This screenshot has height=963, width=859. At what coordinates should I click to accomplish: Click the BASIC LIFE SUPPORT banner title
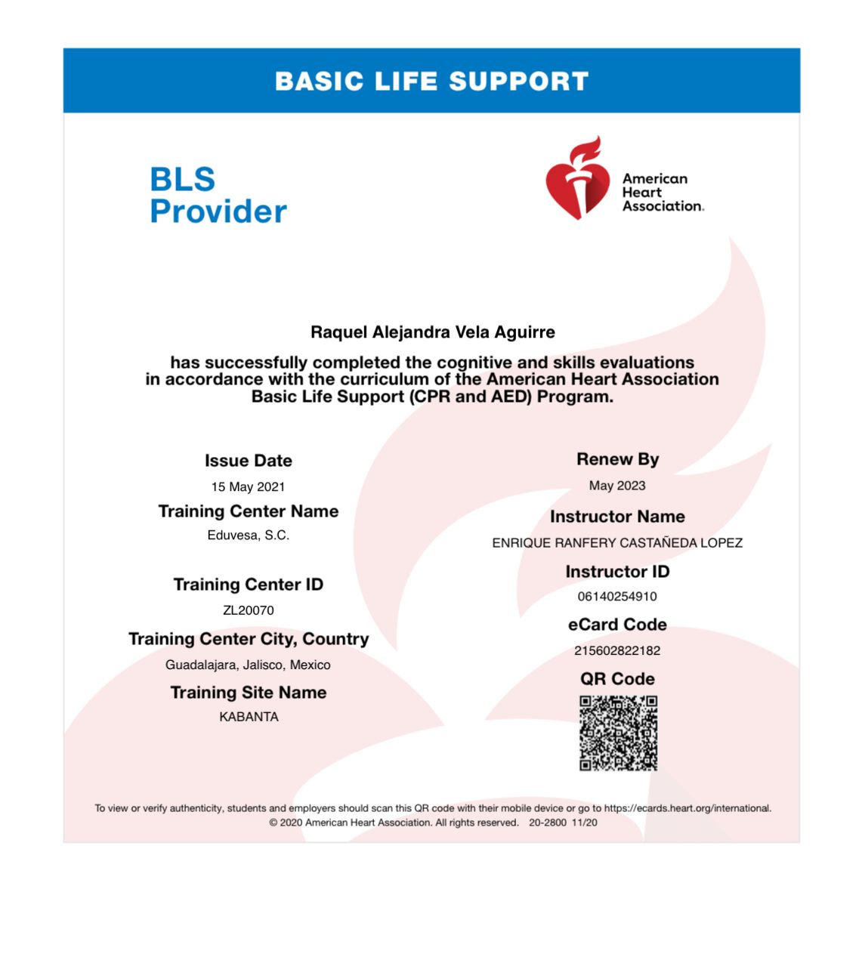pos(431,82)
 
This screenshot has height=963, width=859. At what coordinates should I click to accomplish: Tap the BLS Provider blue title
pos(218,196)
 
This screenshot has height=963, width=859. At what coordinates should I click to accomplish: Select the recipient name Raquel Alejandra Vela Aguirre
pos(432,332)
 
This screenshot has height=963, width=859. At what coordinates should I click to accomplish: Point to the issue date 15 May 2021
pos(248,487)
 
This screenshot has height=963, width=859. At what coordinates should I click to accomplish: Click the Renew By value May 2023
pos(617,486)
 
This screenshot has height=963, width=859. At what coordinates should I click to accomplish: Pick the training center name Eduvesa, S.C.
pos(248,536)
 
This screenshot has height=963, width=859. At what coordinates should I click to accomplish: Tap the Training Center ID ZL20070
pos(248,610)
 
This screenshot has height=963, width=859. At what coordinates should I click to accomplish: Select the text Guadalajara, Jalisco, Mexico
pos(248,665)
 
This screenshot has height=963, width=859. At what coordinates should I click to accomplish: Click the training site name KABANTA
pos(249,717)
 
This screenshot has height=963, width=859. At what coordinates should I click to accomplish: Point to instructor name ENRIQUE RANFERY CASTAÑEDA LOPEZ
pos(617,543)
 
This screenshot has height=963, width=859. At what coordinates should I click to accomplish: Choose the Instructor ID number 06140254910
pos(617,597)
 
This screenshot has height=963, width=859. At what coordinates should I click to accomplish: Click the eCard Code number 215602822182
pos(617,651)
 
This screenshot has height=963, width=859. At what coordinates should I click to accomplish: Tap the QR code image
pos(618,733)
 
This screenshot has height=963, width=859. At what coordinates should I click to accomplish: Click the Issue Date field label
pos(248,461)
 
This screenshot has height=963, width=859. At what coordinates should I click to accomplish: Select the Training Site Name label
pos(248,693)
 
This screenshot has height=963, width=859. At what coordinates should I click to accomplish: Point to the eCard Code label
pos(617,625)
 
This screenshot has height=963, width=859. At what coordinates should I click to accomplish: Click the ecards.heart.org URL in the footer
pos(687,808)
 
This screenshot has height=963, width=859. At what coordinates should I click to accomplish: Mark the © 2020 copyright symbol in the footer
pos(273,823)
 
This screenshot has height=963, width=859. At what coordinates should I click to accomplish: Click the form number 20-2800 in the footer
pos(547,823)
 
